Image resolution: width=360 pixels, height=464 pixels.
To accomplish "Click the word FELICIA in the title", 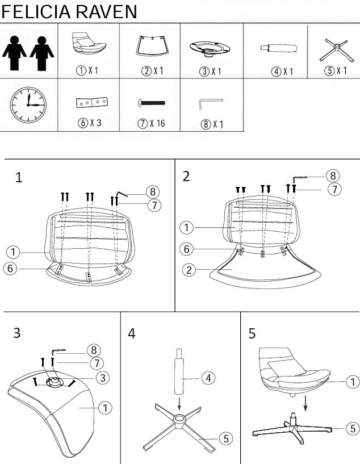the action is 36,12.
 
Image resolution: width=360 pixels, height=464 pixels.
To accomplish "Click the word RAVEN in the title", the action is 107,12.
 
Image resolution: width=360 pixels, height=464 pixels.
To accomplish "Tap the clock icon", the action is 28,105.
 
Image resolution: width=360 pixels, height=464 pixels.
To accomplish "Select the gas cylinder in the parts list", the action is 279,48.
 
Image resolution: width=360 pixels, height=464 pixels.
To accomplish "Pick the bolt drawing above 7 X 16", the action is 152,103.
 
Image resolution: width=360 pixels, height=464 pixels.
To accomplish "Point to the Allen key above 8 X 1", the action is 210,104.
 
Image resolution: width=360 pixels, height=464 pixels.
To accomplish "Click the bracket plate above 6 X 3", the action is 92,103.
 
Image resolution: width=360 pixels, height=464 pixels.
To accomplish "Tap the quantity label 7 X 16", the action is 152,123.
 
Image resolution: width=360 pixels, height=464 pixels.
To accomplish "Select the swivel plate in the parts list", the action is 210,48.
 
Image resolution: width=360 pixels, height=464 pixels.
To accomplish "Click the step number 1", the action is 19,178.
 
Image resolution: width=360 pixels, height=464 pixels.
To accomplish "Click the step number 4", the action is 132,333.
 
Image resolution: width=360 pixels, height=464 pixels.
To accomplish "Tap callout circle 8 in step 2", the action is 333,176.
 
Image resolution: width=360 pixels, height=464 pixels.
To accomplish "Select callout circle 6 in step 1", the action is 10,269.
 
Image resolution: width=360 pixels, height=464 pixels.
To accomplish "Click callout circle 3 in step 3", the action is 103,378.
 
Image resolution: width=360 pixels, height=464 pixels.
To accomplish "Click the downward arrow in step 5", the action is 305,403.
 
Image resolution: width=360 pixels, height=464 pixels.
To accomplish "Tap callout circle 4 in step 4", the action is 208,378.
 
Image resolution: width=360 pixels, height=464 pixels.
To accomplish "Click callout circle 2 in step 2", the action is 189,270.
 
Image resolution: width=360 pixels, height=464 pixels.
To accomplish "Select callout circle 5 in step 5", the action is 353,428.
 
